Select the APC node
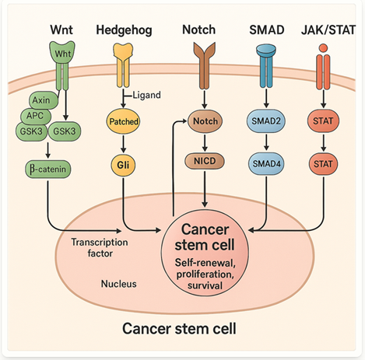[x=35, y=116]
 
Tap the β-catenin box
[x=48, y=170]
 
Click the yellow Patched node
[x=123, y=121]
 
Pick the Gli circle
[x=123, y=165]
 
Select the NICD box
[x=205, y=161]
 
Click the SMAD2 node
[x=266, y=121]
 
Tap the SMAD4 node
[x=266, y=164]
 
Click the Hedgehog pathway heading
[x=124, y=30]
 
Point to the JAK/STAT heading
[x=328, y=30]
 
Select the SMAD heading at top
[x=267, y=30]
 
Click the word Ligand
[x=146, y=95]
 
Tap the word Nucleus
[x=119, y=284]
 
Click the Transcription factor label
[x=100, y=248]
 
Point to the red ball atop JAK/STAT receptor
[x=323, y=48]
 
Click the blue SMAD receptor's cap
[x=266, y=51]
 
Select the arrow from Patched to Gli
[x=124, y=143]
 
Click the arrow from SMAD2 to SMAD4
[x=266, y=142]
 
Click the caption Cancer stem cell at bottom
[x=179, y=328]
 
